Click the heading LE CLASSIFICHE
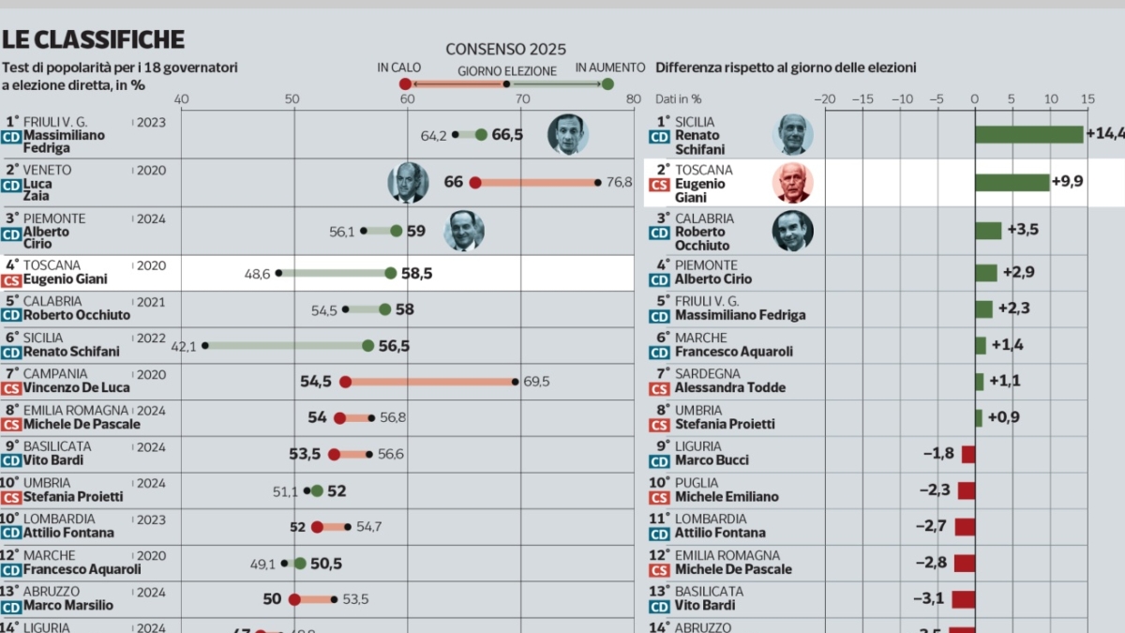click(x=93, y=39)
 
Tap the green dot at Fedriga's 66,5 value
click(x=481, y=134)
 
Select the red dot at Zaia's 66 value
click(x=475, y=182)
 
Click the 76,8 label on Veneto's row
click(x=620, y=182)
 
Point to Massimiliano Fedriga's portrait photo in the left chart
click(x=567, y=134)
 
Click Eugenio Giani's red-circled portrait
click(x=793, y=182)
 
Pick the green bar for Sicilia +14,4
click(x=1028, y=134)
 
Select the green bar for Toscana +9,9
click(x=1012, y=182)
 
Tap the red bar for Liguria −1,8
click(x=968, y=455)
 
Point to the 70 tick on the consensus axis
click(x=522, y=99)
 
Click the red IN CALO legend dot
click(x=405, y=84)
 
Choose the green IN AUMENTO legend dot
click(x=607, y=84)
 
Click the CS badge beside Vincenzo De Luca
click(x=11, y=388)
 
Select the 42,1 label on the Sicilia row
click(x=184, y=346)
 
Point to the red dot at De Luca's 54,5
click(x=345, y=382)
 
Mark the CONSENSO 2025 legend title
click(x=505, y=49)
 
